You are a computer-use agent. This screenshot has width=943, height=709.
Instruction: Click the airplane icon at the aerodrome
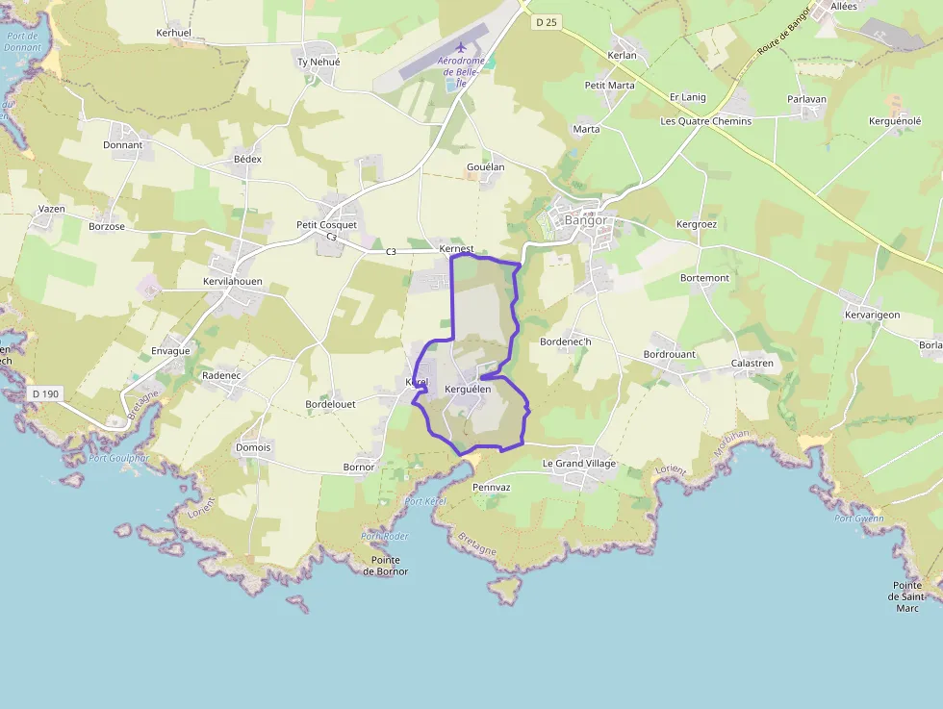(460, 46)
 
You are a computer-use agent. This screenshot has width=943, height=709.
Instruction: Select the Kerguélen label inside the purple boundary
(469, 390)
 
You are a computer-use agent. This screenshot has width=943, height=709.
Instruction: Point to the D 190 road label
(45, 393)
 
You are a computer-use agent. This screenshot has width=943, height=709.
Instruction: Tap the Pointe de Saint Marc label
(906, 596)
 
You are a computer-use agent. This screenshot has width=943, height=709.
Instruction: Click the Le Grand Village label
(578, 464)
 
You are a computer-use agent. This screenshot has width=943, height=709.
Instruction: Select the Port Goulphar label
(118, 458)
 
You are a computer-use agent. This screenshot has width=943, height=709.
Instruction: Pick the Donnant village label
(122, 145)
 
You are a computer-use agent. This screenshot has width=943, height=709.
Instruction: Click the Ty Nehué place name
(319, 62)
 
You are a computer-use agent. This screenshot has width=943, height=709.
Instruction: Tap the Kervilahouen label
(233, 282)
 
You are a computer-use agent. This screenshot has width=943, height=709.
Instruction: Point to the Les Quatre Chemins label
(705, 121)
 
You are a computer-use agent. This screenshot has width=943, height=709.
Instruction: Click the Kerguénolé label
(895, 121)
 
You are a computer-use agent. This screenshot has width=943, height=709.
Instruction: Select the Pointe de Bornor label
(385, 566)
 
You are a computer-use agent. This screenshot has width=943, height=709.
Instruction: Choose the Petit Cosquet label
(326, 225)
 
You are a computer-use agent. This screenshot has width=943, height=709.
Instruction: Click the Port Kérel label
(425, 501)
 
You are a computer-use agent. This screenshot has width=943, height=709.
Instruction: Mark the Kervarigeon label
(872, 315)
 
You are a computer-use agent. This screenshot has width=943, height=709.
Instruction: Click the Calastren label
(753, 364)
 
